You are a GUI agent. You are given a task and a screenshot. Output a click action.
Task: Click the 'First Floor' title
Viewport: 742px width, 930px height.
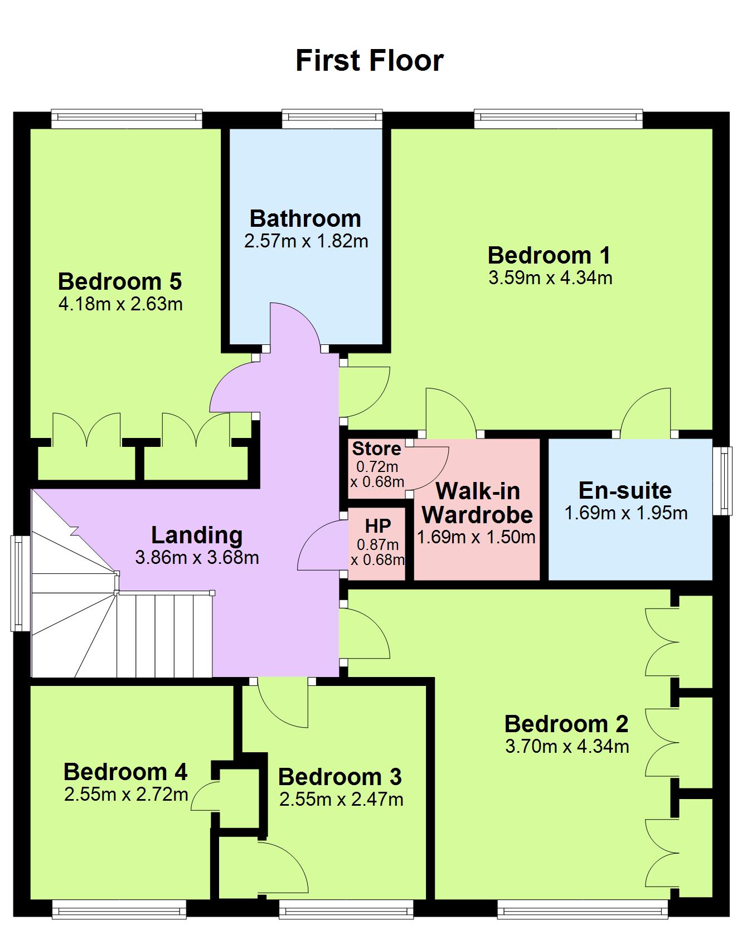pyautogui.click(x=369, y=60)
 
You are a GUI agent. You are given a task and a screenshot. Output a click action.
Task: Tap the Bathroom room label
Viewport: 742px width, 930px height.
pyautogui.click(x=305, y=218)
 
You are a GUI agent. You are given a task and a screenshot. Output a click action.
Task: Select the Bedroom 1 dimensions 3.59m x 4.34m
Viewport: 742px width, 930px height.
pyautogui.click(x=550, y=277)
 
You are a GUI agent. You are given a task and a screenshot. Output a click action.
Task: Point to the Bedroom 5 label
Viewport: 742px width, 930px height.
pyautogui.click(x=120, y=281)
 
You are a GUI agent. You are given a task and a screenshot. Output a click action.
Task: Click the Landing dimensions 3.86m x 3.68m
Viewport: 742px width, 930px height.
pyautogui.click(x=197, y=557)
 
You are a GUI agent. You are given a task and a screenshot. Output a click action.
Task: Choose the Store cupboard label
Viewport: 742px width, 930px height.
pyautogui.click(x=377, y=449)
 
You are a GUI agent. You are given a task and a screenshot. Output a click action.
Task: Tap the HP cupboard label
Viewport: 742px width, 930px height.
pyautogui.click(x=378, y=525)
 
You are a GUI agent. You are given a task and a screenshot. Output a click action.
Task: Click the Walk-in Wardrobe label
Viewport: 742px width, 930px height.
pyautogui.click(x=477, y=503)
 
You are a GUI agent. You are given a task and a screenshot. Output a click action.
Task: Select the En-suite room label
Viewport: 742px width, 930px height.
pyautogui.click(x=625, y=490)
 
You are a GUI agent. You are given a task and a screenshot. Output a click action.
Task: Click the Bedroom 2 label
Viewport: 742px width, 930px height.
pyautogui.click(x=566, y=724)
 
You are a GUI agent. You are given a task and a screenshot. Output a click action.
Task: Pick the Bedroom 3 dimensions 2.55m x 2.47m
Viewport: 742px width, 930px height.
pyautogui.click(x=341, y=800)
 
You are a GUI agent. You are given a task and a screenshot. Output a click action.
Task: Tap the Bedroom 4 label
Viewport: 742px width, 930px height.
pyautogui.click(x=125, y=772)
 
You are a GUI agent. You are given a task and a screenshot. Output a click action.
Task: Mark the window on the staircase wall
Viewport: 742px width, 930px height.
pyautogui.click(x=21, y=583)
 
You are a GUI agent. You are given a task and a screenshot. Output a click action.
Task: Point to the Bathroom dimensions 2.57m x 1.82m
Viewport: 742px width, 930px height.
pyautogui.click(x=306, y=241)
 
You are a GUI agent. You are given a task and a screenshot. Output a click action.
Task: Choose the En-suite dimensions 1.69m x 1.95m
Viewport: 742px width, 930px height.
pyautogui.click(x=626, y=513)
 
